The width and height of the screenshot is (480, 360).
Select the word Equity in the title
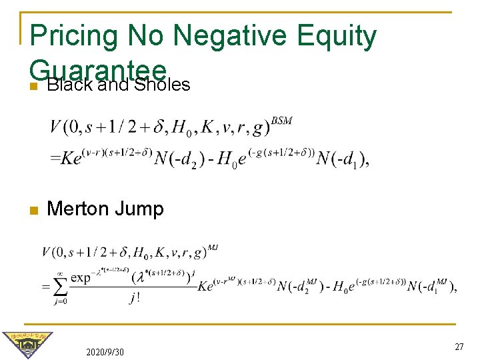coord(337,37)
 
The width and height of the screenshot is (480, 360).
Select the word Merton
coord(79,209)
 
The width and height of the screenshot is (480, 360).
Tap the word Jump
coord(139,209)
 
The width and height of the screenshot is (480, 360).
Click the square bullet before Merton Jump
coord(33,210)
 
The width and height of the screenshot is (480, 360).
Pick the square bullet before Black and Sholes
coord(33,86)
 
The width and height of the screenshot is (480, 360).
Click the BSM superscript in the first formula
coord(282,121)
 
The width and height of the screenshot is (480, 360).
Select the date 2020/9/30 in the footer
coord(105,351)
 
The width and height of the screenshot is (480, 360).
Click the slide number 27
coord(459,347)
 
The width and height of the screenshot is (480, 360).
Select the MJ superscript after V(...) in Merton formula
coord(213,248)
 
